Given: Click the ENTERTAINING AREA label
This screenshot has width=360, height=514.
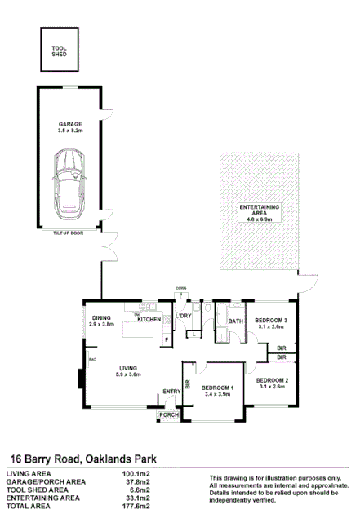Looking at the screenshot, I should click(x=260, y=211).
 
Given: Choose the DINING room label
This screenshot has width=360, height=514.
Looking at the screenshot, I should click(x=101, y=317).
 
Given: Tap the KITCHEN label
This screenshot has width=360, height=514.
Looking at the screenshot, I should click(x=149, y=319).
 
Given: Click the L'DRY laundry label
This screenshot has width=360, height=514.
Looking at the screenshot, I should click(x=184, y=317).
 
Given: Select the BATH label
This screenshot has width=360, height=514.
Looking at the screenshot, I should click(x=236, y=321).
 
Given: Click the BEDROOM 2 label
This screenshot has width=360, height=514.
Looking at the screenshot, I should click(x=272, y=380).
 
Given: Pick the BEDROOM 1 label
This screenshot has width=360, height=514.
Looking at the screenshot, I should click(x=219, y=388).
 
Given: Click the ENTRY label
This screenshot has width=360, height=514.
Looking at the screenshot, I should click(x=171, y=392).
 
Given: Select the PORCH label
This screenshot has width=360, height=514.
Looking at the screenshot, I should click(x=169, y=414).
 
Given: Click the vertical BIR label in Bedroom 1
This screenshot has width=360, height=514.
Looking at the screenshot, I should click(x=188, y=383).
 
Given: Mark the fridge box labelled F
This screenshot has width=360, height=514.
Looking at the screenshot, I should click(x=167, y=339).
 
